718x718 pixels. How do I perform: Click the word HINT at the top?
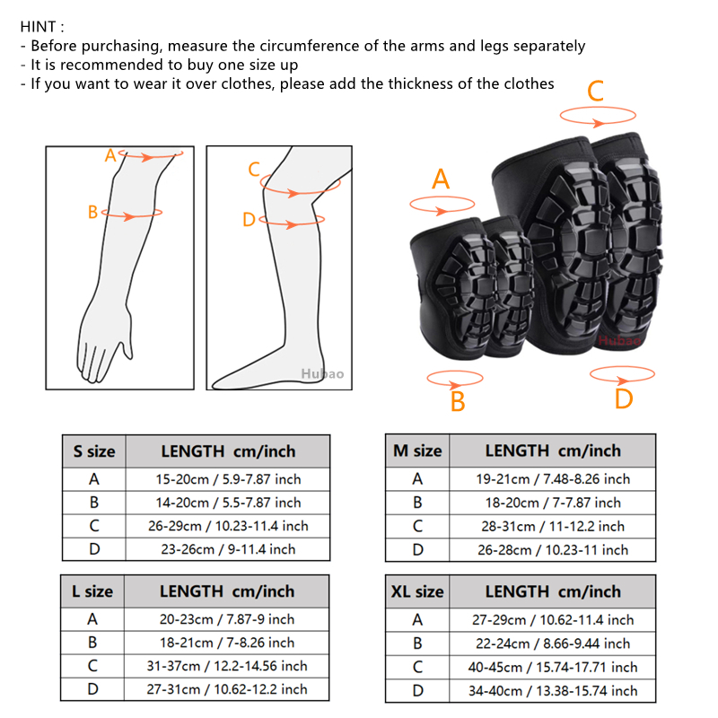[x=38, y=27]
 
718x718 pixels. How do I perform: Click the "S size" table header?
[x=94, y=451]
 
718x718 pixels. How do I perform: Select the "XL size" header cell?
[x=417, y=591]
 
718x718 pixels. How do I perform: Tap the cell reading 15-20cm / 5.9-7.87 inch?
[x=228, y=479]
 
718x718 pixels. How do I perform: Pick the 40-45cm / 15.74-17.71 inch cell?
[x=553, y=667]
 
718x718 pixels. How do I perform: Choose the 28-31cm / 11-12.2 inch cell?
[x=553, y=526]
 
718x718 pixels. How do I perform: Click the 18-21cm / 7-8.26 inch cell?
[x=227, y=643]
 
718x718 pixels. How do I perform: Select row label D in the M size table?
[x=417, y=549]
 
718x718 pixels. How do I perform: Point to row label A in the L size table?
[x=92, y=619]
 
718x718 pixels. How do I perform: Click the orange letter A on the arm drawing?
[x=110, y=155]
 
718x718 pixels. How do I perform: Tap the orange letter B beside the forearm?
[x=92, y=212]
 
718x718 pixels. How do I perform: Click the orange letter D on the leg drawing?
[x=249, y=220]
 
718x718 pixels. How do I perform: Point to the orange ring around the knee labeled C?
[x=300, y=193]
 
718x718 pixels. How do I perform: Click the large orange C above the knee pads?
[x=596, y=91]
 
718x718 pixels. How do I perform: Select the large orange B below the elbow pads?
[x=458, y=401]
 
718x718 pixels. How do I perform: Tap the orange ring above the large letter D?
[x=622, y=381]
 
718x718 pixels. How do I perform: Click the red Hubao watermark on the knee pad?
[x=619, y=340]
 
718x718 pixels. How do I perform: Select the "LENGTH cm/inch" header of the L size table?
[x=227, y=591]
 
